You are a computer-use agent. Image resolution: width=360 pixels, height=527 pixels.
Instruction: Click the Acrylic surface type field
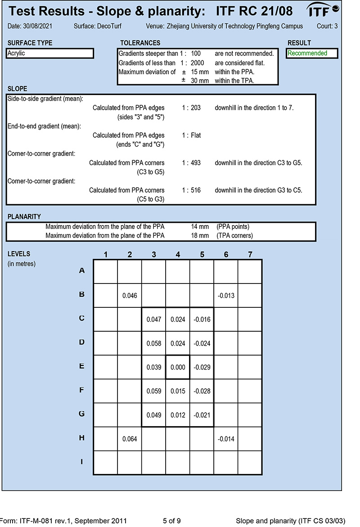(50, 54)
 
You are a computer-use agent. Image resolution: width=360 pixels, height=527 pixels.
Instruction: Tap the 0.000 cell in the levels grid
(178, 367)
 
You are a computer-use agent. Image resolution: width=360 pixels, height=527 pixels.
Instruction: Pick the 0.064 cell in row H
(130, 439)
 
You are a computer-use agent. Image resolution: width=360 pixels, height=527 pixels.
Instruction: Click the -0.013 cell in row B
(226, 296)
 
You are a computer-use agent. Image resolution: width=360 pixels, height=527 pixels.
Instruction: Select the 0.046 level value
(130, 296)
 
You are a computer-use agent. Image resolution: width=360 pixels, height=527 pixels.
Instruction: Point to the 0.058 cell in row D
(154, 343)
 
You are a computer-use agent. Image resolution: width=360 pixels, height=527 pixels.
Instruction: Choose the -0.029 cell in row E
(202, 367)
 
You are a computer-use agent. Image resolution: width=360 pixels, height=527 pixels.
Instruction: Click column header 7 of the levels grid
(250, 255)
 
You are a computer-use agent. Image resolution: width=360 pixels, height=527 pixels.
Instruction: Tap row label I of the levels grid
(81, 462)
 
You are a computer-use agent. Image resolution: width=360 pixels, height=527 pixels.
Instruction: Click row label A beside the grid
(81, 271)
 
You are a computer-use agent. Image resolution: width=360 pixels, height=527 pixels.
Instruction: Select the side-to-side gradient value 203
(195, 108)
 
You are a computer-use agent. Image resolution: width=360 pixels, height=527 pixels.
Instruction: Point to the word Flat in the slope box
(197, 135)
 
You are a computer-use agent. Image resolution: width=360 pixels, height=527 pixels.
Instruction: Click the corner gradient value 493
(195, 162)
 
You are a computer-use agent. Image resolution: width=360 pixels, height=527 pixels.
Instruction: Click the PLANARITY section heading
(24, 217)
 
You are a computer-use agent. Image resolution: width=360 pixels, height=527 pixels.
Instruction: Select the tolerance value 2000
(197, 63)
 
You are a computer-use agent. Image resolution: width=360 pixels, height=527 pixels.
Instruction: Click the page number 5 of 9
(172, 521)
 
